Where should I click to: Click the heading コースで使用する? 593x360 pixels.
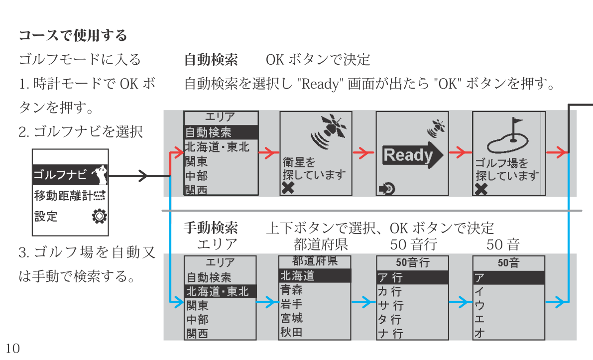[73, 36]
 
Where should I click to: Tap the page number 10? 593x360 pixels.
[13, 349]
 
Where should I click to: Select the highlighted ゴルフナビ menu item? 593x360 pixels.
[70, 175]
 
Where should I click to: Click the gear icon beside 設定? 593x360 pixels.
[100, 216]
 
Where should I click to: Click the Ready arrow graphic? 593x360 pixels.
[412, 155]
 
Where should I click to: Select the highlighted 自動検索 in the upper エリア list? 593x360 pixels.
[221, 132]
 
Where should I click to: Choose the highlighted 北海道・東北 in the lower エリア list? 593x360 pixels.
[220, 291]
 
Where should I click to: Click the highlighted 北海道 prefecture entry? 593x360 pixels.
[315, 275]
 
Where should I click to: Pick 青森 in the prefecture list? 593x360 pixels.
[292, 290]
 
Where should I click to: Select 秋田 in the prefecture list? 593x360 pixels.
[292, 332]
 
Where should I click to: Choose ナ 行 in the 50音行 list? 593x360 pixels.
[390, 334]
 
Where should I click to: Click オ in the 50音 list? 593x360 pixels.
[479, 334]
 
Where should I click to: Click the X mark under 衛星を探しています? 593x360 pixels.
[288, 188]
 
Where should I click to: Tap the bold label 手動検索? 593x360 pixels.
[211, 229]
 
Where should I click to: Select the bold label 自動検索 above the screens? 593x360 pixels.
[211, 60]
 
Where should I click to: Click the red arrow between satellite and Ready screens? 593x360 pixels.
[363, 153]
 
